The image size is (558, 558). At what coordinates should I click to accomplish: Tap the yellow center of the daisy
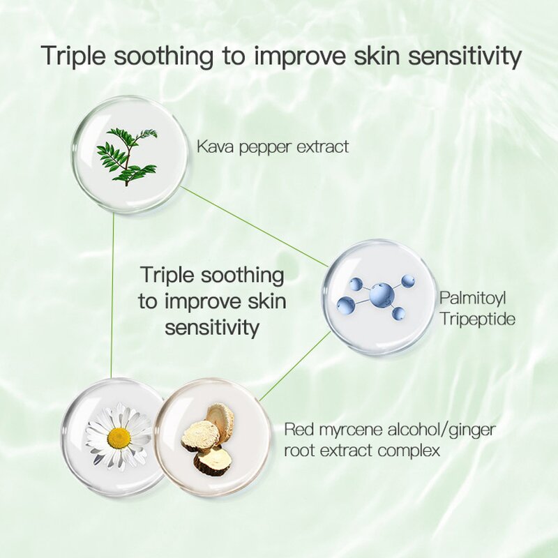click(119, 438)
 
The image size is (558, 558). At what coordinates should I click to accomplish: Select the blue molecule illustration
click(374, 297)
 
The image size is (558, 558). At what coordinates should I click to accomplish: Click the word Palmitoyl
click(472, 299)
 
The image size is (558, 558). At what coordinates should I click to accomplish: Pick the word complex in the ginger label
click(409, 451)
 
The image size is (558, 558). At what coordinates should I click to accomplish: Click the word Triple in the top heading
click(74, 56)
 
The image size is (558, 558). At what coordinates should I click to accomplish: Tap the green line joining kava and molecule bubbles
click(255, 227)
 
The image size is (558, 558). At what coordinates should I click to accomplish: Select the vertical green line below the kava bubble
click(112, 293)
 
